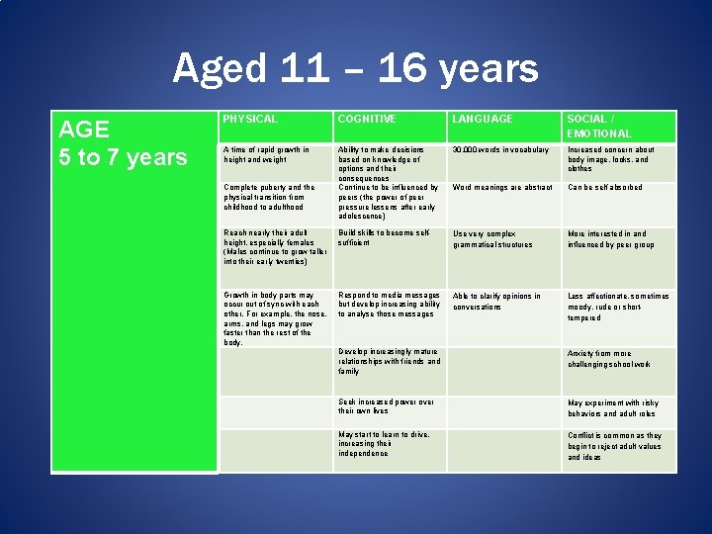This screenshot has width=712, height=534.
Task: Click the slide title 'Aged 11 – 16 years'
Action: point(355,69)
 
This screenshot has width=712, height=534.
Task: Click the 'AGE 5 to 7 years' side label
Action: point(123,143)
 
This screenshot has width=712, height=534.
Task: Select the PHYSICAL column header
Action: point(250,119)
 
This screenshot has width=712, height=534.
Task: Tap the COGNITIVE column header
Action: point(367,119)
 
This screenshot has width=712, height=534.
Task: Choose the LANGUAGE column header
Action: point(483,119)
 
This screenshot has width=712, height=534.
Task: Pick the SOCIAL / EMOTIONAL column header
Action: point(599,126)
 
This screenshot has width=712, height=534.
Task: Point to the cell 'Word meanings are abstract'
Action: point(501,187)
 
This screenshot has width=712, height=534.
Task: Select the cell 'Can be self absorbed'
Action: point(605,187)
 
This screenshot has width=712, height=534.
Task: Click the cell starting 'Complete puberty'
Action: point(269,197)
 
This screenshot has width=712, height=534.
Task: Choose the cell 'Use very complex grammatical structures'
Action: point(492,239)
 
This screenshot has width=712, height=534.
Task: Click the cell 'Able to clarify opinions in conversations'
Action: point(496,301)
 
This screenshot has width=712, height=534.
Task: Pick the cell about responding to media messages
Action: point(389,305)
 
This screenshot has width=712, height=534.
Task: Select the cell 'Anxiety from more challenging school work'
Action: point(609,359)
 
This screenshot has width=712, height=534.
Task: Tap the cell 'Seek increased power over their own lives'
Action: point(386,406)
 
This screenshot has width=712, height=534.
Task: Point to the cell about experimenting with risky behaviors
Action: point(612,407)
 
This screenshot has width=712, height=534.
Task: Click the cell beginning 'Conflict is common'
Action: point(614,446)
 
